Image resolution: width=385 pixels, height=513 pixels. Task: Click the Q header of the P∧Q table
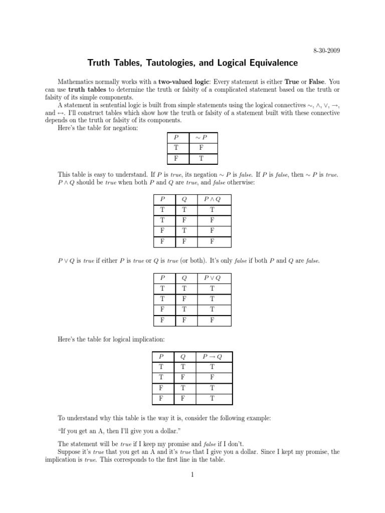tap(184, 199)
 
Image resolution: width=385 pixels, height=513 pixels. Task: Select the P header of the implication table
tap(161, 357)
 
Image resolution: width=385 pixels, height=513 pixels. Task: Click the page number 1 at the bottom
tap(192, 475)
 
